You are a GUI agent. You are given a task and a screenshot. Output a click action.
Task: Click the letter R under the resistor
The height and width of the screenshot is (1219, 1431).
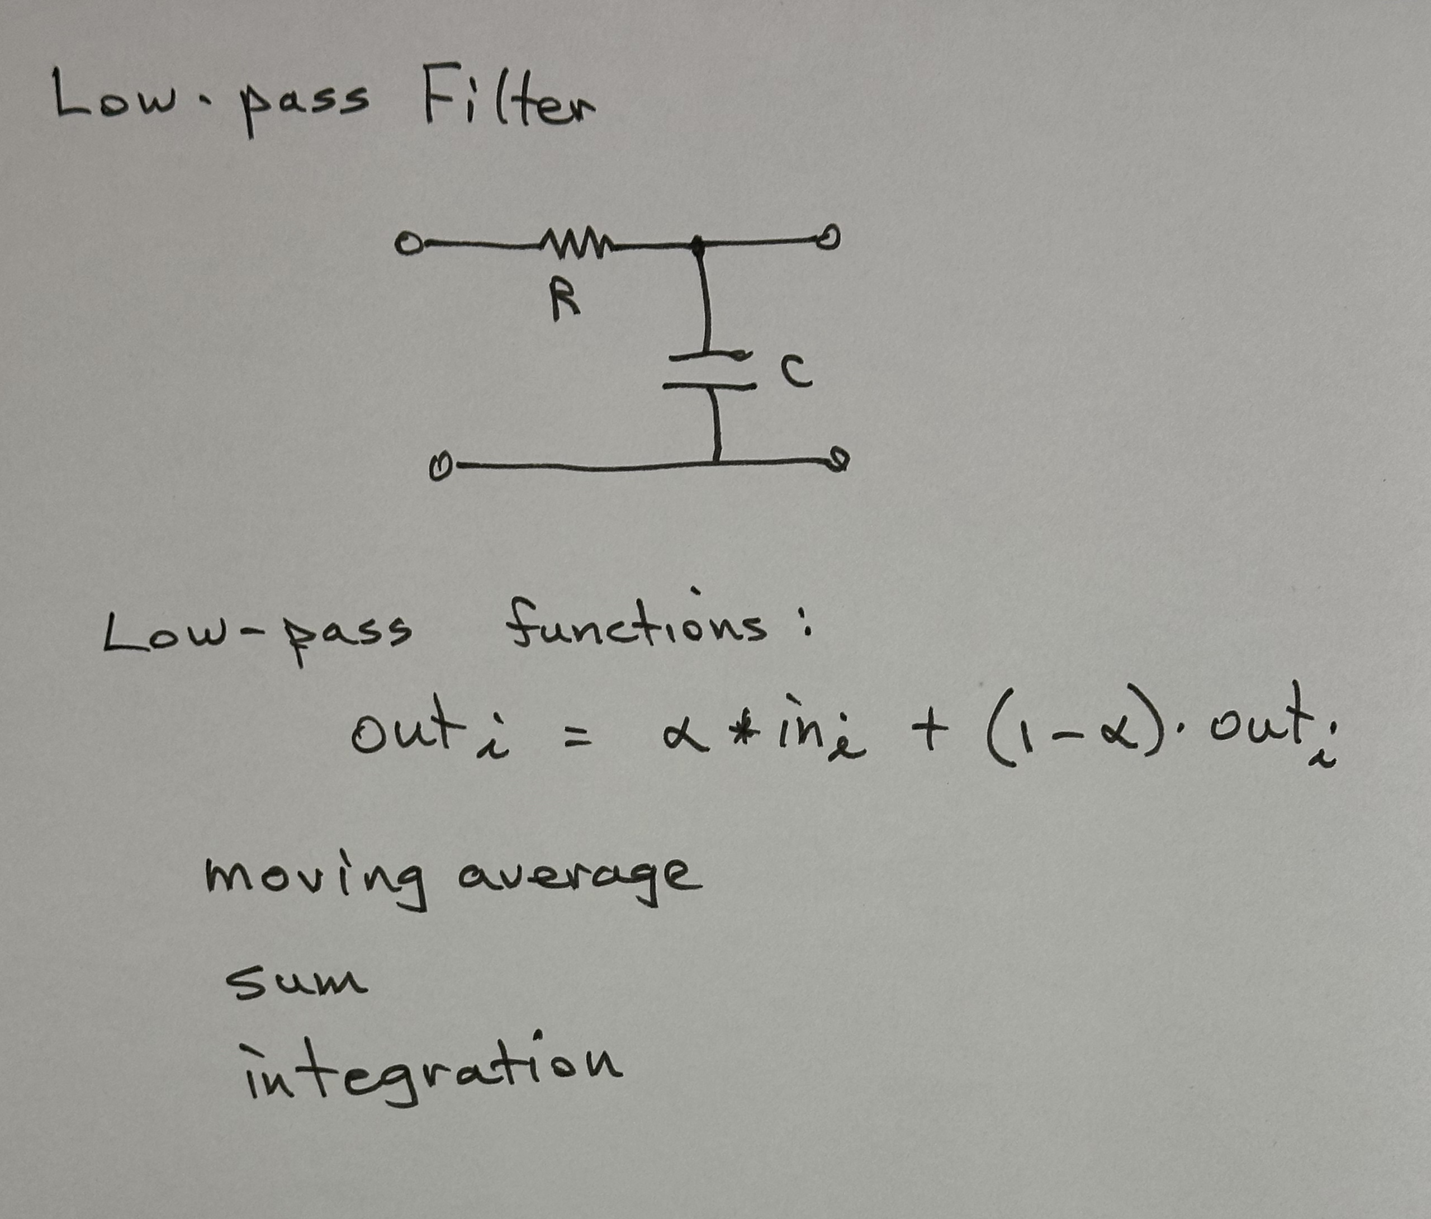click(x=566, y=301)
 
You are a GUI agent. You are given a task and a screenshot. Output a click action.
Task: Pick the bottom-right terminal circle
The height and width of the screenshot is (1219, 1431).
click(x=838, y=459)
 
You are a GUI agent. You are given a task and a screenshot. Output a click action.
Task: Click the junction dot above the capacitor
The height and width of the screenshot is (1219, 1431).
click(x=698, y=244)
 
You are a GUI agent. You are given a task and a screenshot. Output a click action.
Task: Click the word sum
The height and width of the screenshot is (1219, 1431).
click(x=296, y=982)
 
